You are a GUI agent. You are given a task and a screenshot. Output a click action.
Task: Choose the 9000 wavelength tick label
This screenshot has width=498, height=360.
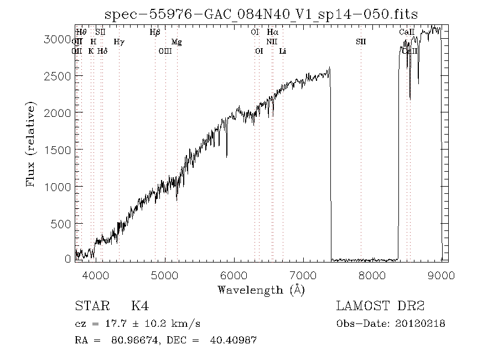pyautogui.click(x=441, y=275)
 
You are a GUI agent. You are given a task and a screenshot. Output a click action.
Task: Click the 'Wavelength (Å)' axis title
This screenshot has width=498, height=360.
pyautogui.click(x=261, y=290)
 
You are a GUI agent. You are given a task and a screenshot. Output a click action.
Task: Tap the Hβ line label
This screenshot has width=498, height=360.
pyautogui.click(x=155, y=32)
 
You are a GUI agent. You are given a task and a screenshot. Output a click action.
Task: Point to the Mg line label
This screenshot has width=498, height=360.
pyautogui.click(x=177, y=42)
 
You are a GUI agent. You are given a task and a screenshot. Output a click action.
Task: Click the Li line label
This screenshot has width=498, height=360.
pyautogui.click(x=283, y=51)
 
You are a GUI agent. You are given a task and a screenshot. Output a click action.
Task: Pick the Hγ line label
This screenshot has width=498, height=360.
pyautogui.click(x=118, y=42)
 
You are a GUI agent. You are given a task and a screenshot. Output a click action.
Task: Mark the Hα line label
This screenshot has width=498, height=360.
pyautogui.click(x=272, y=32)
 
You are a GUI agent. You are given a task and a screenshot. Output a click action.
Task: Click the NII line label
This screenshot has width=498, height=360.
pyautogui.click(x=271, y=42)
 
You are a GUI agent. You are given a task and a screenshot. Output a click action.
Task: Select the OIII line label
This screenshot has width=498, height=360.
pyautogui.click(x=165, y=51)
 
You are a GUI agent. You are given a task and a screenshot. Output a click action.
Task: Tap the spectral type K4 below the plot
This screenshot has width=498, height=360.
pyautogui.click(x=139, y=306)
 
